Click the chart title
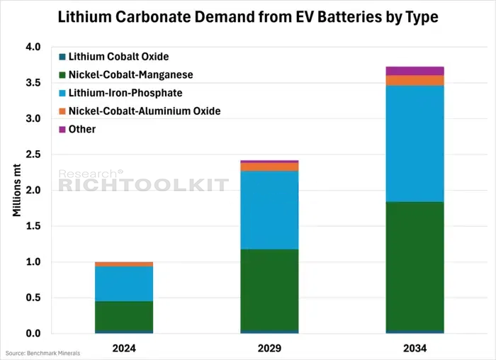pos(248,17)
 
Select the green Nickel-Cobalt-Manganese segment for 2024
pos(124,316)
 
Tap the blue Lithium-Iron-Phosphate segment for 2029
pos(269,210)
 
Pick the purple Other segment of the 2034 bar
pos(415,71)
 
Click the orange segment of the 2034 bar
pos(415,80)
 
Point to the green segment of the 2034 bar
pos(415,266)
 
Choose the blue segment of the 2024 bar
pos(124,283)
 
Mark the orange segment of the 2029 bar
pos(269,167)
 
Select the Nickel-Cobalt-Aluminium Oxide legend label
pos(145,111)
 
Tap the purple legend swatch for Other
pos(62,130)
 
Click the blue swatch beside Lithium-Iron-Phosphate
pos(62,93)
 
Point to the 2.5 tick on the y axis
pos(33,154)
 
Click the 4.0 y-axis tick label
pos(33,47)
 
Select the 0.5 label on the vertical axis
pos(33,298)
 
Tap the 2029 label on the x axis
pos(269,348)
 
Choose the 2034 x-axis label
pos(415,348)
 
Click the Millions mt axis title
pos(17,190)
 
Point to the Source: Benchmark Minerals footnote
pos(43,353)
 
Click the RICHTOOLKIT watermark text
pos(144,185)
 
